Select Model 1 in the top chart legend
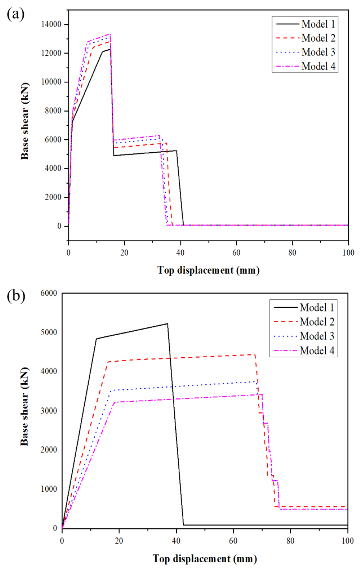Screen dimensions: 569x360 [x=318, y=24]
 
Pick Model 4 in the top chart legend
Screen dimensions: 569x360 [x=318, y=66]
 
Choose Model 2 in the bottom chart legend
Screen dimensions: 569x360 [x=317, y=322]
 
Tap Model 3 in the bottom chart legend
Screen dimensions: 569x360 [x=317, y=336]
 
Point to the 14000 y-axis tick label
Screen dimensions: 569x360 [x=51, y=24]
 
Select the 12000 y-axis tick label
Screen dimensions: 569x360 [x=51, y=53]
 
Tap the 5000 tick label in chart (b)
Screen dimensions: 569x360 [x=48, y=332]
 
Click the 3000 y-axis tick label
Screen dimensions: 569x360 [x=48, y=410]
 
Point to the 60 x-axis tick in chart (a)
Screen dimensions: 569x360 [x=236, y=253]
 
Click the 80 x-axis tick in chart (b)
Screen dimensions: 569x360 [x=290, y=540]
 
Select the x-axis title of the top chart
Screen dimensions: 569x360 [x=208, y=271]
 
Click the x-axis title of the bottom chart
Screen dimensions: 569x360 [x=205, y=559]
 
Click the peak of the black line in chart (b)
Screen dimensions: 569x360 [x=167, y=324]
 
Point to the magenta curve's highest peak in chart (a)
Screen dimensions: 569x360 [x=110, y=34]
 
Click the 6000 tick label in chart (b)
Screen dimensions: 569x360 [x=48, y=293]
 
